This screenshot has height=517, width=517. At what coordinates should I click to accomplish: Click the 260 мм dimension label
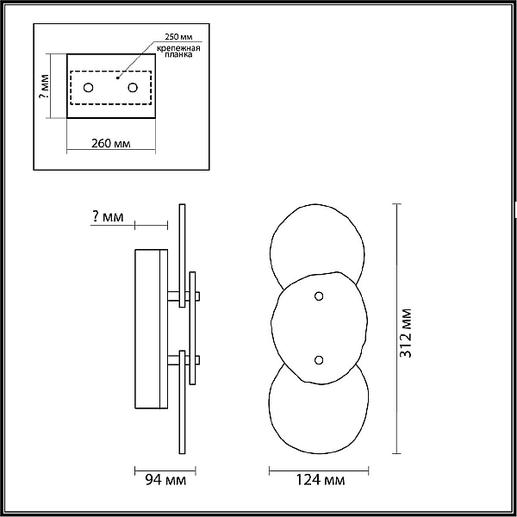(111, 143)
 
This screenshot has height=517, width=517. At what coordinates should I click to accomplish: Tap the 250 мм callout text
(178, 36)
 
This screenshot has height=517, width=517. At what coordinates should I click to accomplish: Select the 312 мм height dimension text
(405, 333)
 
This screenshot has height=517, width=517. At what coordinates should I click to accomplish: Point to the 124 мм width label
(321, 480)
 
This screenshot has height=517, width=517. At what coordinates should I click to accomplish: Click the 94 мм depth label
(165, 480)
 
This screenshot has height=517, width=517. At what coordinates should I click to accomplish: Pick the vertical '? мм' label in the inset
(44, 86)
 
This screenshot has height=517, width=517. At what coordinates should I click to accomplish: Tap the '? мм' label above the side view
(108, 216)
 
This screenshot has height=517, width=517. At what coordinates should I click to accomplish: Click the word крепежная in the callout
(178, 48)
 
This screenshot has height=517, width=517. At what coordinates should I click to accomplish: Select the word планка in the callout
(178, 55)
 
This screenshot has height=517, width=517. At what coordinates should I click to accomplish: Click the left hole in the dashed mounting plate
(89, 88)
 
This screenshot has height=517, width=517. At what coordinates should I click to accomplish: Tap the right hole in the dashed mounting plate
(133, 88)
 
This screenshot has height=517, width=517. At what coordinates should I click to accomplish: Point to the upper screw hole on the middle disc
(319, 296)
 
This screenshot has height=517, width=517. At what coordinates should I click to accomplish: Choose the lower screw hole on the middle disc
(319, 360)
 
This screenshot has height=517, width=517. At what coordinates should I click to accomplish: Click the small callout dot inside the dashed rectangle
(118, 78)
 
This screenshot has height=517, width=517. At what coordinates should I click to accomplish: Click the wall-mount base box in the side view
(152, 329)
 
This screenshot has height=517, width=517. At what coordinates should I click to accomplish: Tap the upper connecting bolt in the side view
(184, 296)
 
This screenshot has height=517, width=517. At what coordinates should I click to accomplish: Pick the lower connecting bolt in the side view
(184, 360)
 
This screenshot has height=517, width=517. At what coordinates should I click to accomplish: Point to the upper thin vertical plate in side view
(182, 256)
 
